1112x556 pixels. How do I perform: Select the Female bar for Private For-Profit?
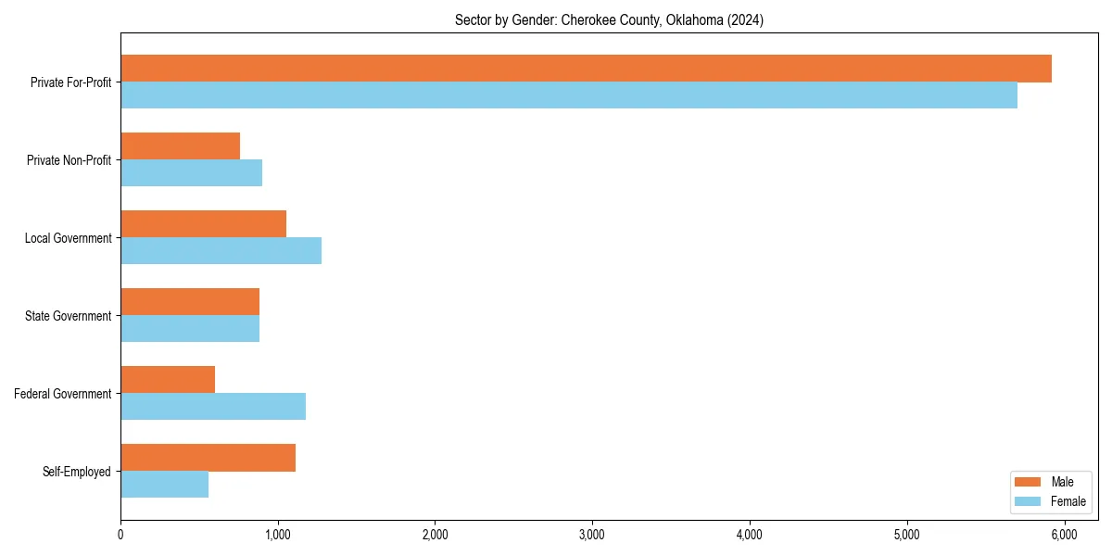(569, 95)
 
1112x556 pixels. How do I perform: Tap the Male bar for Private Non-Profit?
(180, 146)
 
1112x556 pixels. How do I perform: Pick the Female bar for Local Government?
(221, 250)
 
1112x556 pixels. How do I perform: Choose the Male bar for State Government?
(190, 302)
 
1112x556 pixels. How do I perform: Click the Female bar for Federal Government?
(213, 406)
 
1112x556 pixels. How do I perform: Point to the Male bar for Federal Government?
(168, 380)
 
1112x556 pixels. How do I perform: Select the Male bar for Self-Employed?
(208, 458)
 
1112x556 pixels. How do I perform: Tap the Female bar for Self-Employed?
(164, 484)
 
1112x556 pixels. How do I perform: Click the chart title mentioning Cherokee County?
(609, 19)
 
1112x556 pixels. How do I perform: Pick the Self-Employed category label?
(77, 472)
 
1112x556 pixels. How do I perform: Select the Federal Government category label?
(63, 394)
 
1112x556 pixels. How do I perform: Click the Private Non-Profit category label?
(69, 160)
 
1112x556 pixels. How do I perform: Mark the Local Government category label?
(68, 238)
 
